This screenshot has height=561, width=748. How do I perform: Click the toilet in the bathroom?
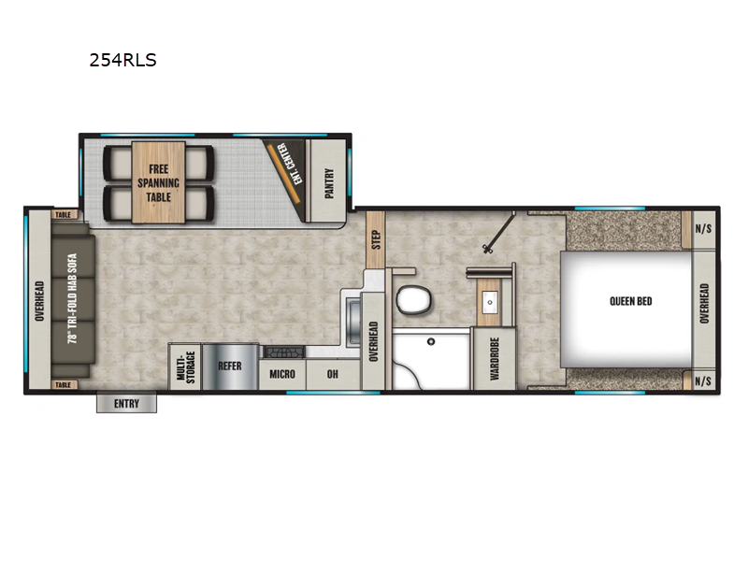(x=412, y=300)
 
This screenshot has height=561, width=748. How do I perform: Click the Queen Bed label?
(x=631, y=301)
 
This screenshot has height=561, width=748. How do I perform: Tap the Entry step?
(x=126, y=403)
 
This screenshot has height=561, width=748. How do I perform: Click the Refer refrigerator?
(x=230, y=367)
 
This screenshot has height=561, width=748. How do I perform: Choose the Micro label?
(x=282, y=374)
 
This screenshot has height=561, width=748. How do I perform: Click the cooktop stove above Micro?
(x=283, y=352)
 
